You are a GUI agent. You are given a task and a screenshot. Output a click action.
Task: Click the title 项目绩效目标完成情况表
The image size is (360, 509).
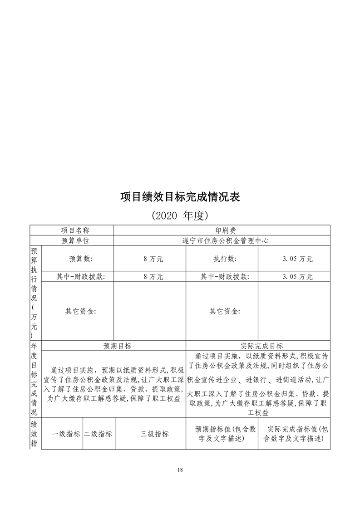click(x=180, y=197)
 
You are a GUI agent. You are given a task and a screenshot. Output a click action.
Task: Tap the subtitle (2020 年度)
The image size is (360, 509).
click(x=180, y=215)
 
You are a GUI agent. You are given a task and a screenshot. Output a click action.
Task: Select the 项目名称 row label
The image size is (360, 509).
click(x=72, y=230)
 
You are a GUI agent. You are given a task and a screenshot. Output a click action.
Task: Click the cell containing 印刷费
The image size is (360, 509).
click(x=222, y=230)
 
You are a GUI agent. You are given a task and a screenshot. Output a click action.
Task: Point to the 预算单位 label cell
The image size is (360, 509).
click(x=72, y=241)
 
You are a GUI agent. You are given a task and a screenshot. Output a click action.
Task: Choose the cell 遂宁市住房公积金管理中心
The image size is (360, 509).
click(x=222, y=241)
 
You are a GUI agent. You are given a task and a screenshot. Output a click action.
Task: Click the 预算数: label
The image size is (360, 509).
click(x=81, y=259)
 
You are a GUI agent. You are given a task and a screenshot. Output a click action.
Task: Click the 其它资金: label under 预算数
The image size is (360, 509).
click(x=81, y=311)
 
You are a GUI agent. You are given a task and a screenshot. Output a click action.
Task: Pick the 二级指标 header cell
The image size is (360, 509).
click(x=98, y=434)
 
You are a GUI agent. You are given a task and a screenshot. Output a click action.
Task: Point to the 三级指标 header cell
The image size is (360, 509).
click(x=154, y=434)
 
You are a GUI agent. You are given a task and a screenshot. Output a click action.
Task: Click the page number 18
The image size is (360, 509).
click(x=180, y=470)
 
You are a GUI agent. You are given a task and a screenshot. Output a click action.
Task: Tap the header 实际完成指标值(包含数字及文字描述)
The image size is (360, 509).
click(x=294, y=434)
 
